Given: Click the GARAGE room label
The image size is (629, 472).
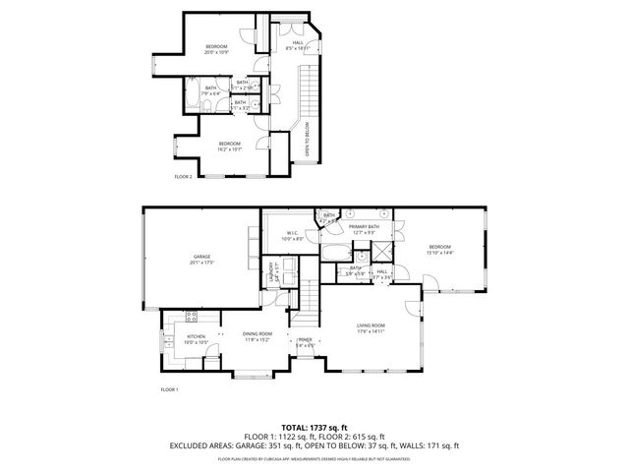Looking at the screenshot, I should (x=202, y=258).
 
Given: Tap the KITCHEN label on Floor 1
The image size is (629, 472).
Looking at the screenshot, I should (x=196, y=336).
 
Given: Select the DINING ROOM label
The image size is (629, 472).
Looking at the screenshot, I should (x=257, y=335).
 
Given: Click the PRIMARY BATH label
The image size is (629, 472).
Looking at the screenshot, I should (x=364, y=227).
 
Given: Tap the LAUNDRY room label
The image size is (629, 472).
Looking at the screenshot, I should (x=270, y=276).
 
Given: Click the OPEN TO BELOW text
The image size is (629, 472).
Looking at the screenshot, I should (x=308, y=138).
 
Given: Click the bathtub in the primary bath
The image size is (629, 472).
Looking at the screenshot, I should (x=334, y=253).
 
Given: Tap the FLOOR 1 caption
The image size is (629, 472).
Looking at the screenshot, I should (x=170, y=390).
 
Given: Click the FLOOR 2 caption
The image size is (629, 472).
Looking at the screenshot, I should (x=184, y=176).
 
